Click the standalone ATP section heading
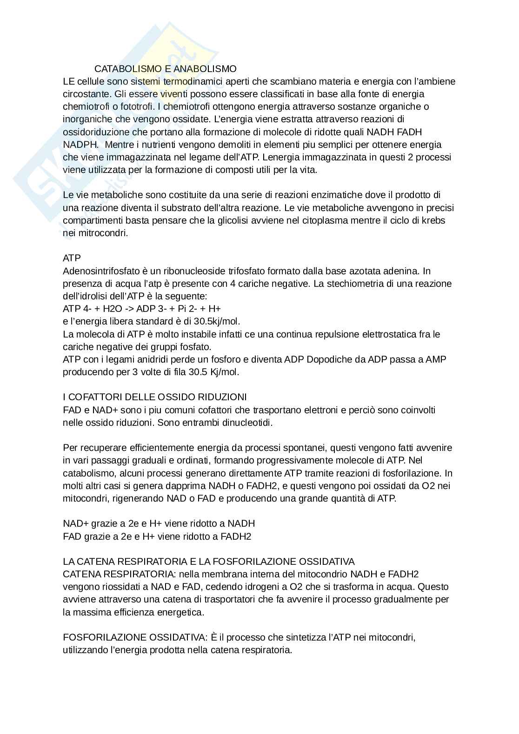(72, 258)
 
